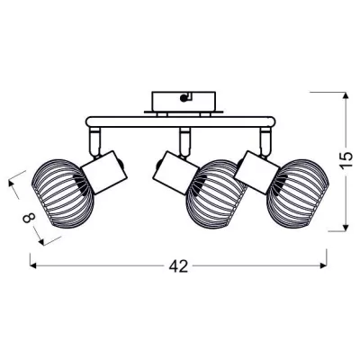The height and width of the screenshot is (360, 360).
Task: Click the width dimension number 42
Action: [x=178, y=266]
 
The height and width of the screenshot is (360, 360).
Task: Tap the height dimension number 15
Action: [x=346, y=161]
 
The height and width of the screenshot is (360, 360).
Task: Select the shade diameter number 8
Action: [x=30, y=218]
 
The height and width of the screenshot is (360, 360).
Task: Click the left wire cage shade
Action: [x=62, y=193]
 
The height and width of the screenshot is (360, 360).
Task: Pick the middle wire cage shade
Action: [x=217, y=194]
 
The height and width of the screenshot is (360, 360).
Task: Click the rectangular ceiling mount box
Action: [x=184, y=102]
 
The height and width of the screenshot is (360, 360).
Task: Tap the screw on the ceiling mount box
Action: [x=183, y=97]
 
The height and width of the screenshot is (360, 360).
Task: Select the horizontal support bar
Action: [x=180, y=121]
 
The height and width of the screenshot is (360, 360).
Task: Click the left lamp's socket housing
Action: [x=104, y=172]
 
